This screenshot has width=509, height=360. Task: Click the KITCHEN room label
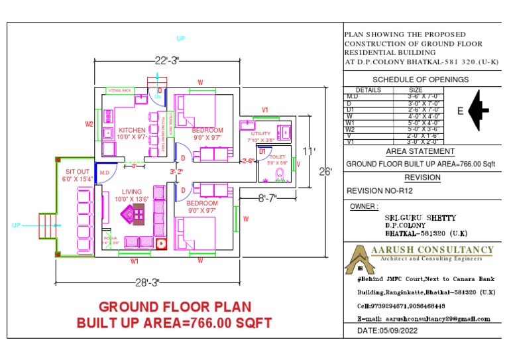pos(131,130)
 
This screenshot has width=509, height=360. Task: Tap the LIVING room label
pos(131,192)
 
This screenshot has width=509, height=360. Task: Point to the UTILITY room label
pos(261,133)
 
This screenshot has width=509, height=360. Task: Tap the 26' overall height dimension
pos(326,171)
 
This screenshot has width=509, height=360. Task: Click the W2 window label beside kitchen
pos(89,124)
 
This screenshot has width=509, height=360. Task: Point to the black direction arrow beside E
pos(479,110)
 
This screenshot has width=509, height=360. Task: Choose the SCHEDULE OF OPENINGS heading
pos(420,80)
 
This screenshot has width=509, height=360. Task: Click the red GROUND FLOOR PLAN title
pos(175,307)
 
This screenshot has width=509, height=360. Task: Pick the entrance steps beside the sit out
pos(46,225)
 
